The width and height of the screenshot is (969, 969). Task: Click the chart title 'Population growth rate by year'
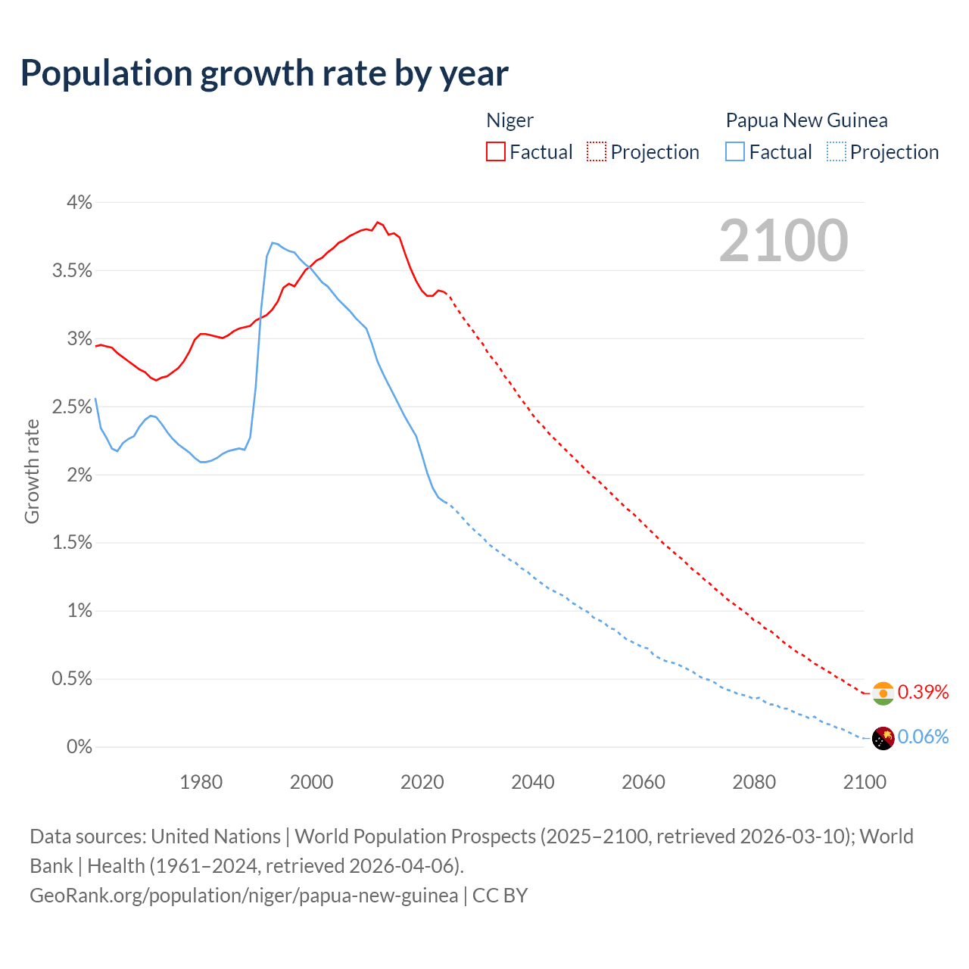(264, 73)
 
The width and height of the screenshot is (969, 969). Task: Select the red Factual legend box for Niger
(495, 151)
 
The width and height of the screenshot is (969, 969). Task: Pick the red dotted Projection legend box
(597, 151)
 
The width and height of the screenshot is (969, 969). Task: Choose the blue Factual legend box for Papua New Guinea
(734, 151)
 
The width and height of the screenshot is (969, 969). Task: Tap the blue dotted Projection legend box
(836, 151)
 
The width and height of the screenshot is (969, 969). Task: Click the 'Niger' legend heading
(509, 120)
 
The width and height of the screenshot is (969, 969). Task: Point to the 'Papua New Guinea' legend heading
(806, 120)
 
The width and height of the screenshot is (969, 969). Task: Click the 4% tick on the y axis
(79, 202)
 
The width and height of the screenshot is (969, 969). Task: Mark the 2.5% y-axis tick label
(72, 407)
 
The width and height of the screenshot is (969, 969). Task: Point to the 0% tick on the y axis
(79, 746)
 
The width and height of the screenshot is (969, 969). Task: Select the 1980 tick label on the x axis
(201, 782)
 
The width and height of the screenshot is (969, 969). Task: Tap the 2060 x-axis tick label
(643, 782)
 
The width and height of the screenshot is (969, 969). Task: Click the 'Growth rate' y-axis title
(32, 471)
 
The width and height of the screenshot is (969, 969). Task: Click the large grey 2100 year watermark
(784, 241)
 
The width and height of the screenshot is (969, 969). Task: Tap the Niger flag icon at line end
(883, 693)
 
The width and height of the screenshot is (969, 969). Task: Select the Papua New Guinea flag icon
(883, 738)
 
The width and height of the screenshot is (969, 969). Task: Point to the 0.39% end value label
(923, 692)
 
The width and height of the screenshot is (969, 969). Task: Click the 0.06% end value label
(923, 737)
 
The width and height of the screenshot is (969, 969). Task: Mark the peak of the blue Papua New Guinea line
(273, 242)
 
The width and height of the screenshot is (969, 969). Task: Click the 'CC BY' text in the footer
(500, 896)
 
